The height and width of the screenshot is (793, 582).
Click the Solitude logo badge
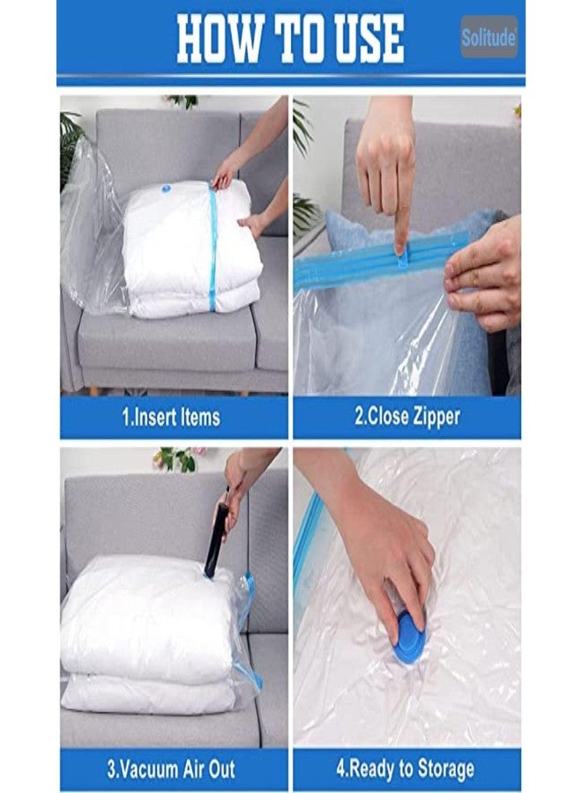tap(489, 37)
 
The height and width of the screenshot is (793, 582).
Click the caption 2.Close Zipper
tap(407, 416)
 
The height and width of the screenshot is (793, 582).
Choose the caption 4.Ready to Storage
tap(407, 768)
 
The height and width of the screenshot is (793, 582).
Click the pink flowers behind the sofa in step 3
tap(175, 459)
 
